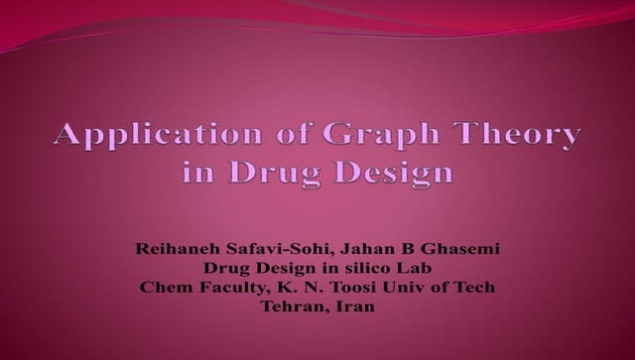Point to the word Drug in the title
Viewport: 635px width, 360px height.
point(279,172)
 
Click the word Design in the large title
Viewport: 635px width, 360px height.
point(396,172)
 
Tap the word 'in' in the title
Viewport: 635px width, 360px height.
point(198,172)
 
